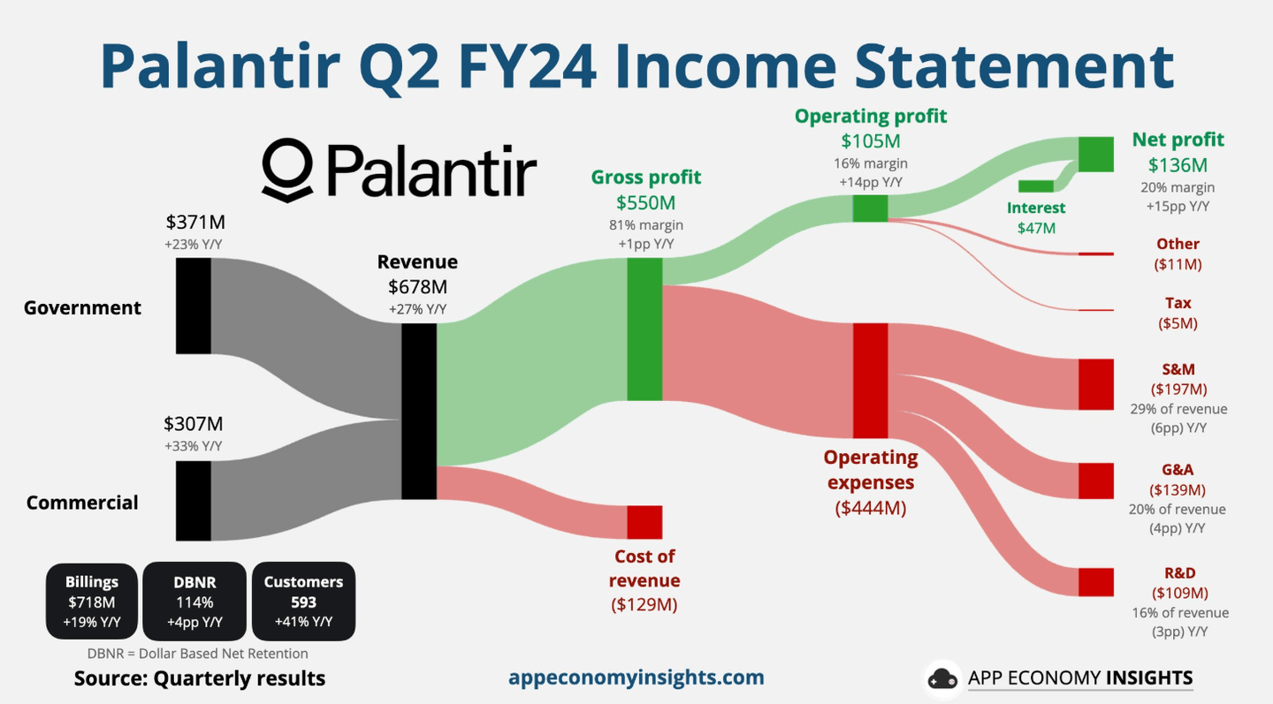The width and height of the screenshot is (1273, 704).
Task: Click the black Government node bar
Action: [x=193, y=306]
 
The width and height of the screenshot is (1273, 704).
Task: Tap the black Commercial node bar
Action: [x=193, y=500]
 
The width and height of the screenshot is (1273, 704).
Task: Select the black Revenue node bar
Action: [x=419, y=412]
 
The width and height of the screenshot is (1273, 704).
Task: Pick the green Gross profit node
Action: [x=644, y=329]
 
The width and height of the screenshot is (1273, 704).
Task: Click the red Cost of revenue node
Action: [x=644, y=522]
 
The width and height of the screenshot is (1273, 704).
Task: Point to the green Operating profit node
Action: [x=870, y=208]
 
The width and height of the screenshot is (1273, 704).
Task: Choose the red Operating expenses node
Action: [x=870, y=381]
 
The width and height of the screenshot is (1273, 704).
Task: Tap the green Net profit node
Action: [x=1095, y=155]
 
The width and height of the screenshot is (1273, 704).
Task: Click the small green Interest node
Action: [x=1036, y=186]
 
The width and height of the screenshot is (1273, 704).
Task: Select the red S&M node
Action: [x=1096, y=384]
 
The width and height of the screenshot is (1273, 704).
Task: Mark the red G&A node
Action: [x=1096, y=481]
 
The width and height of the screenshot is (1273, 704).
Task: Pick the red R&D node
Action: [x=1096, y=582]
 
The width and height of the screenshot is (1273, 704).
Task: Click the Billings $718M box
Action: [x=92, y=602]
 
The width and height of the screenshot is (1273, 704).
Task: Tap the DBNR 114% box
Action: [x=194, y=602]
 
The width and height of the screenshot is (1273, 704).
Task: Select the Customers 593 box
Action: [x=303, y=602]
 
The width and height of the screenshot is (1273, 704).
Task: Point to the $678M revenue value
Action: [x=417, y=286]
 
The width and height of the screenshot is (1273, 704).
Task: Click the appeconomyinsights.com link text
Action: [x=636, y=678]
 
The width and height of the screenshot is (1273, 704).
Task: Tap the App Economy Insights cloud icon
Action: [x=942, y=679]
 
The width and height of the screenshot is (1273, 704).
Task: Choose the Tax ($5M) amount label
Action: [x=1178, y=323]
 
